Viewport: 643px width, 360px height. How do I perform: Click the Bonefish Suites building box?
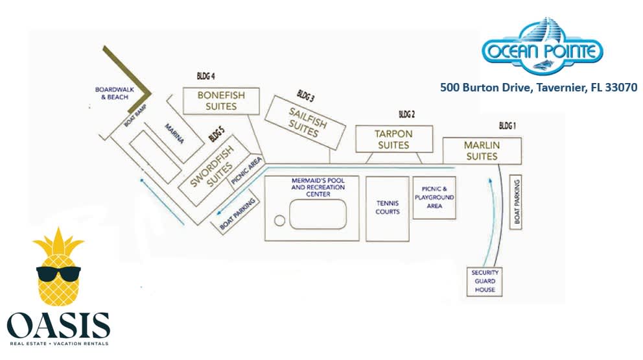click(x=221, y=101)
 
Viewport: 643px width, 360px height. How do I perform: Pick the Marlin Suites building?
click(x=482, y=150)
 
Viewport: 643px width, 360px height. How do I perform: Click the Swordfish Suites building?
click(x=211, y=167)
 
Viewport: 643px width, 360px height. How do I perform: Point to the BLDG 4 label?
click(x=205, y=76)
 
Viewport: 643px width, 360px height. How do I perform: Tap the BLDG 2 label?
click(x=406, y=115)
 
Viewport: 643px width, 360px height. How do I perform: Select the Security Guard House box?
click(x=485, y=282)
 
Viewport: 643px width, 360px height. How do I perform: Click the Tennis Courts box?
click(x=388, y=208)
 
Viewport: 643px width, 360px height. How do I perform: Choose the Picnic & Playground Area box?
click(x=435, y=197)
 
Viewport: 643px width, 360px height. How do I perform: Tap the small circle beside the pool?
click(x=279, y=221)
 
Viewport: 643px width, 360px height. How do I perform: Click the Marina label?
click(x=174, y=133)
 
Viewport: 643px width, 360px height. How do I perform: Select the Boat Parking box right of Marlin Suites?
click(x=517, y=201)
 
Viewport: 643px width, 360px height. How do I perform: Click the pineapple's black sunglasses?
click(x=58, y=274)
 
